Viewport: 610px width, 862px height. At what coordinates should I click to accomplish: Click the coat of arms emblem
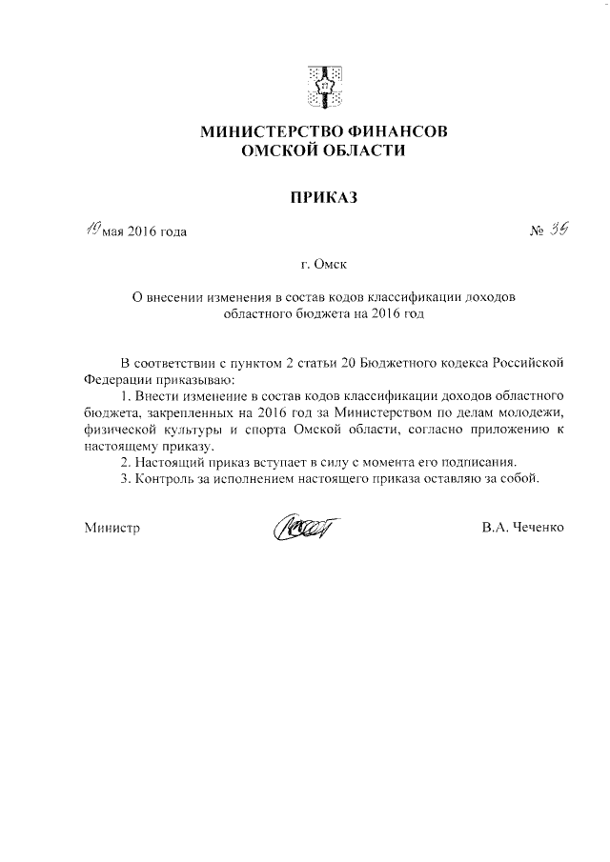(324, 84)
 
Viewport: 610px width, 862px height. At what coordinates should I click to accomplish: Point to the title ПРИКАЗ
(323, 198)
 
